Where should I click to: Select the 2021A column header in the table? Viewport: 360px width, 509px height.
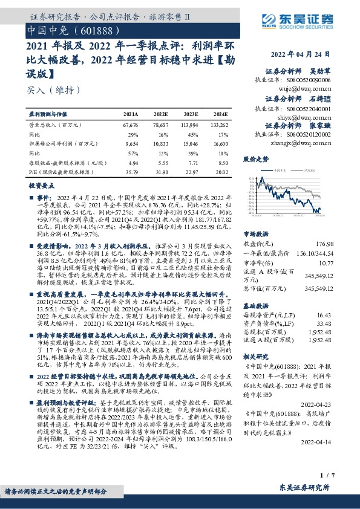pos(131,113)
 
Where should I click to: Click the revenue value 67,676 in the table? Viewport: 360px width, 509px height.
pos(131,123)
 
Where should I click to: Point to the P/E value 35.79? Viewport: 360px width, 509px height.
pos(131,172)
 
